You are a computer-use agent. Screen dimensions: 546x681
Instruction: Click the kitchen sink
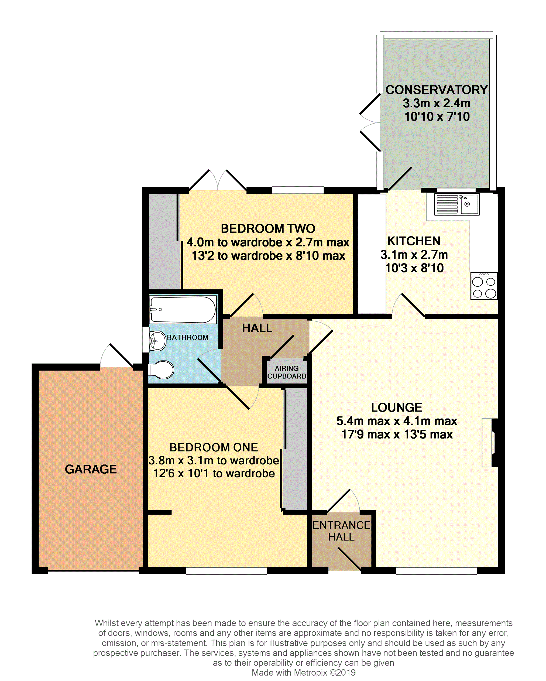[457, 204]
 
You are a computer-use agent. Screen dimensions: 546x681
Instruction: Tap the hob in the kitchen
[484, 286]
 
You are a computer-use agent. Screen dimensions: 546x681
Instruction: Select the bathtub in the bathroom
[183, 309]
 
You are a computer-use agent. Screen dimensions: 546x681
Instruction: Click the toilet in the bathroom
[161, 369]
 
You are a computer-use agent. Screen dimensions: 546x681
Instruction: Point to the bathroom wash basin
[157, 341]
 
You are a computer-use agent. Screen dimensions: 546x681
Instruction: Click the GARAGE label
[91, 469]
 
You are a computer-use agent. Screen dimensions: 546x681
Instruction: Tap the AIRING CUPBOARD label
[287, 372]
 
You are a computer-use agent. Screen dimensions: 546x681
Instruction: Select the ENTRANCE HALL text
[341, 531]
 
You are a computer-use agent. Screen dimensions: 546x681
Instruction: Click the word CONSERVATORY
[437, 90]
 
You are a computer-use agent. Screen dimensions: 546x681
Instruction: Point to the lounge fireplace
[490, 443]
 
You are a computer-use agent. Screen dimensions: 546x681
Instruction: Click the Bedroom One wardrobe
[295, 449]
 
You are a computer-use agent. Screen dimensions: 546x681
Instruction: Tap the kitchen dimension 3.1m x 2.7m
[414, 255]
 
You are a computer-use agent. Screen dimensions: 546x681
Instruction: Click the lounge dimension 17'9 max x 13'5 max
[397, 434]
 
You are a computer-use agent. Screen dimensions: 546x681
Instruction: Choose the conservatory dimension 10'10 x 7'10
[437, 117]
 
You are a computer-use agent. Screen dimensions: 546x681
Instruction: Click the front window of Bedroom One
[226, 570]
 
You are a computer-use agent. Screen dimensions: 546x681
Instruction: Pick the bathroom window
[146, 339]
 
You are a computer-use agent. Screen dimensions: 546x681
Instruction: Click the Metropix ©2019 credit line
[304, 672]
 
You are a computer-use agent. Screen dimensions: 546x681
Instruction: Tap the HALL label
[257, 328]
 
